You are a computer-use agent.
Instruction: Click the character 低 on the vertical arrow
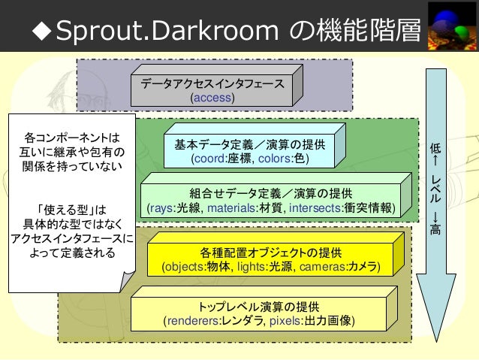tap(435, 150)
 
